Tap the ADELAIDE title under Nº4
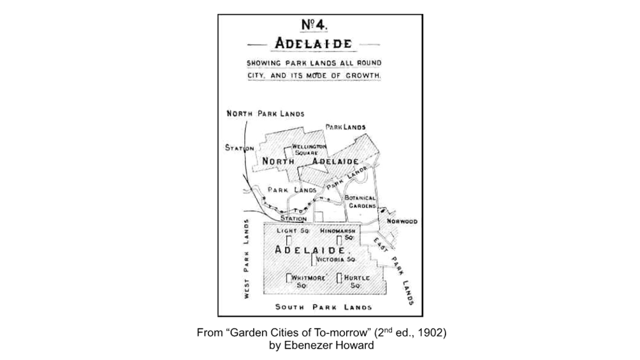(313, 43)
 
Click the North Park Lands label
(265, 113)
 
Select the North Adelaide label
(310, 161)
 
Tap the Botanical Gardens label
(360, 202)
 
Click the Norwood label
(402, 222)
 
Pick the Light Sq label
(293, 231)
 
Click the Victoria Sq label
(337, 260)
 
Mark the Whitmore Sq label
(309, 281)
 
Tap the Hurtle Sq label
(356, 281)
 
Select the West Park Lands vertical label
(247, 257)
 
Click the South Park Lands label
(323, 307)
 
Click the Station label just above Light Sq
(293, 219)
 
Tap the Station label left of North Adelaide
(238, 148)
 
